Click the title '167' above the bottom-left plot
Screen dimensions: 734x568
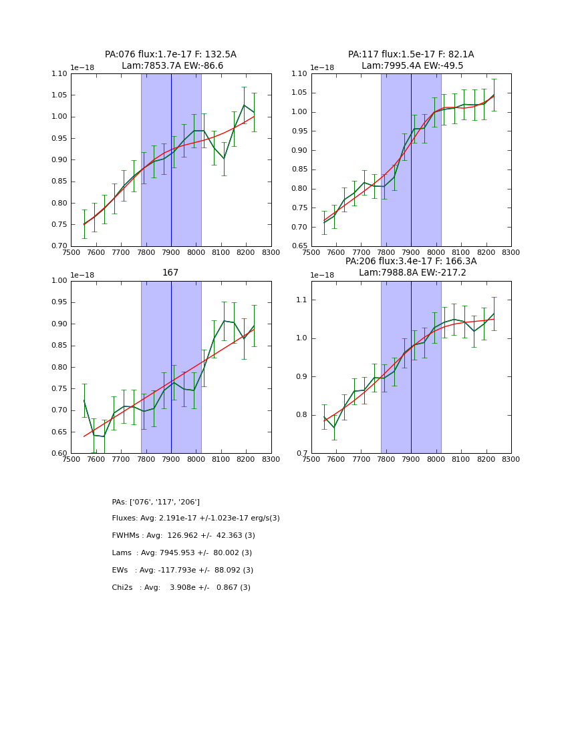click(170, 273)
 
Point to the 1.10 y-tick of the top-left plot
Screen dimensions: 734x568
click(58, 74)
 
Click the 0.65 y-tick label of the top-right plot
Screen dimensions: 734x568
click(299, 246)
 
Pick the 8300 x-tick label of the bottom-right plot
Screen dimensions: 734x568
click(511, 459)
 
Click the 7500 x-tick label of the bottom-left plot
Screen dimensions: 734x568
click(71, 459)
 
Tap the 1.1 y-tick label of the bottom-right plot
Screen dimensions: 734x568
click(301, 300)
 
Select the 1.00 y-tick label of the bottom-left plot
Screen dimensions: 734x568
click(58, 281)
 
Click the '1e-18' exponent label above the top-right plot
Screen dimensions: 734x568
click(321, 68)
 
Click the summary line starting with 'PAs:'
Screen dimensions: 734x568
click(156, 502)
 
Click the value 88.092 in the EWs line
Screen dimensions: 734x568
click(227, 571)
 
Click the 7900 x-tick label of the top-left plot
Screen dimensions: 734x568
click(170, 252)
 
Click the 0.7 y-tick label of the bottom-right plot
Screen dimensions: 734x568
click(301, 454)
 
